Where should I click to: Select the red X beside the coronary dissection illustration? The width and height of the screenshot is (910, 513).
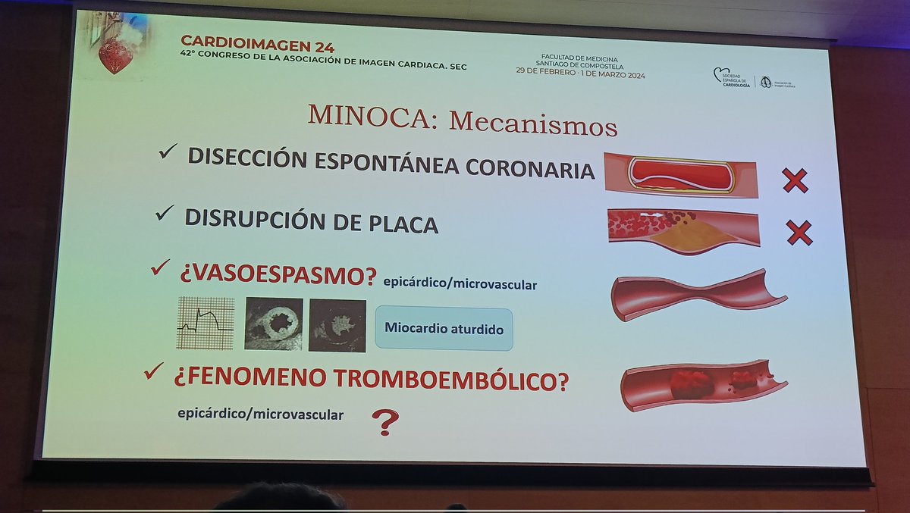pos(795,180)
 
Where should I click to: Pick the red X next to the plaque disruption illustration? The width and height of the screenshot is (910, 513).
pos(799,232)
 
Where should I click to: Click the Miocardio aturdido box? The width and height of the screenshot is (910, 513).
pos(444,328)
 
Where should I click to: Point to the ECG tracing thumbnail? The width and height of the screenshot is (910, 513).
pos(206,323)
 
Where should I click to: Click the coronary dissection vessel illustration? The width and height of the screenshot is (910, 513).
pos(681,175)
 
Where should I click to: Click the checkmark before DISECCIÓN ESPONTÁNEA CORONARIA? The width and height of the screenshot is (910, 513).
pos(168,154)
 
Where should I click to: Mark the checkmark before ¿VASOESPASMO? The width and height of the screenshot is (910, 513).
pos(160,267)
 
